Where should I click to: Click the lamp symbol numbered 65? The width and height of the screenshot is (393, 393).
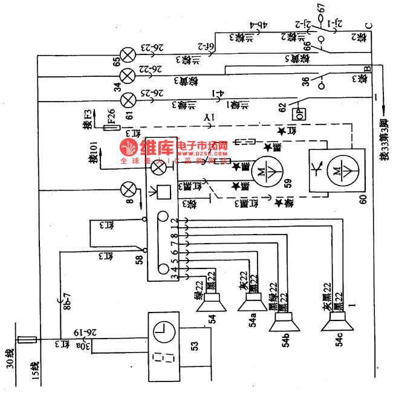[128, 55]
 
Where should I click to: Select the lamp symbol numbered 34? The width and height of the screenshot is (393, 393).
[128, 76]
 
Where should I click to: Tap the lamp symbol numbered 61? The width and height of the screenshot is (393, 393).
[128, 98]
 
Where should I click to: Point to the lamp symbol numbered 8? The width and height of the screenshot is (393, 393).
[129, 190]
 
